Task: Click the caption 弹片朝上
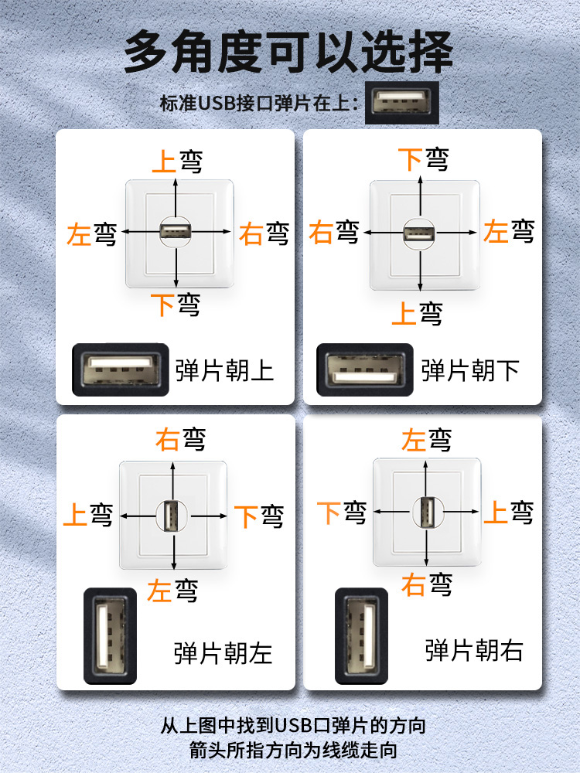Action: pos(225,370)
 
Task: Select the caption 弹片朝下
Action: pos(470,370)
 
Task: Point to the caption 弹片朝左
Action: pos(223,653)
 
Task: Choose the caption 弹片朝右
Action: pos(474,650)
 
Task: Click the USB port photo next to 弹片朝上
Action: pos(121,369)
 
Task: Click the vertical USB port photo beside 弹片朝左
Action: pos(109,635)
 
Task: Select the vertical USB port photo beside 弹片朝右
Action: pos(360,635)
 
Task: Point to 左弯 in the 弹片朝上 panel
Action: pos(91,233)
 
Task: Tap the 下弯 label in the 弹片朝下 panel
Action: pos(423,159)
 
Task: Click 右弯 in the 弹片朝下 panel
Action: pos(333,232)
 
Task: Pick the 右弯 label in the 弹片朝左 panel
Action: pos(180,440)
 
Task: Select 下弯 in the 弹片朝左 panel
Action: pos(259,516)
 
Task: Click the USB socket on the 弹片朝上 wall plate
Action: pos(176,231)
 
